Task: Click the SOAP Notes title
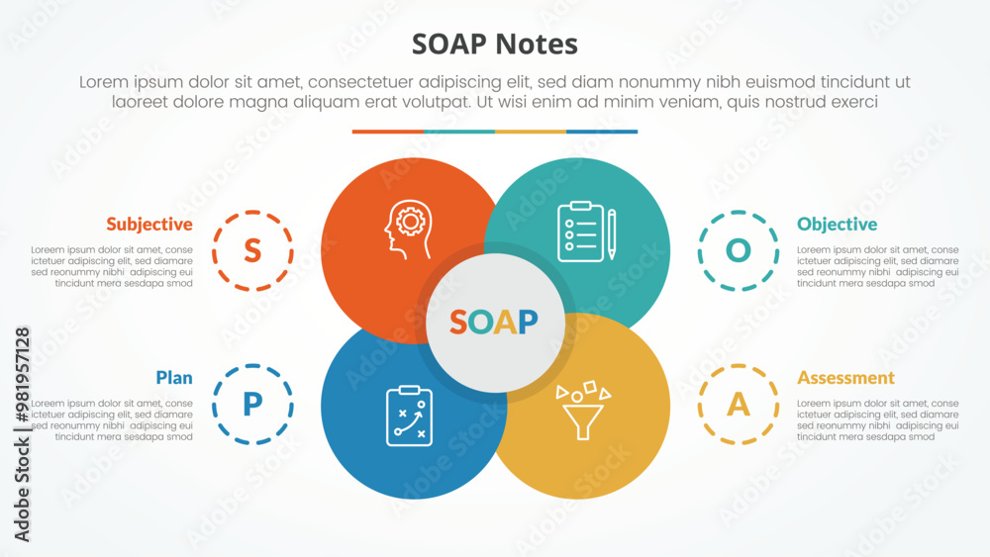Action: point(494,45)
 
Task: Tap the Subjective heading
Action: point(149,225)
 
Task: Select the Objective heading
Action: point(837,225)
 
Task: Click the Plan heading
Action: point(174,377)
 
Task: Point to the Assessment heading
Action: point(845,377)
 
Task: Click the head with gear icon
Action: point(409,230)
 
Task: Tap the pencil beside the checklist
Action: point(611,234)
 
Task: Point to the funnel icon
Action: point(583,411)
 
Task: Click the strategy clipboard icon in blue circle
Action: point(409,416)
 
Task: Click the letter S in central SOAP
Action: point(458,322)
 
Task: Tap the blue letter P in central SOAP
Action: point(528,322)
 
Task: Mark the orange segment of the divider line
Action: point(388,132)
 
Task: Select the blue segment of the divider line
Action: point(602,132)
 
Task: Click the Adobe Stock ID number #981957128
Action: point(23,375)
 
